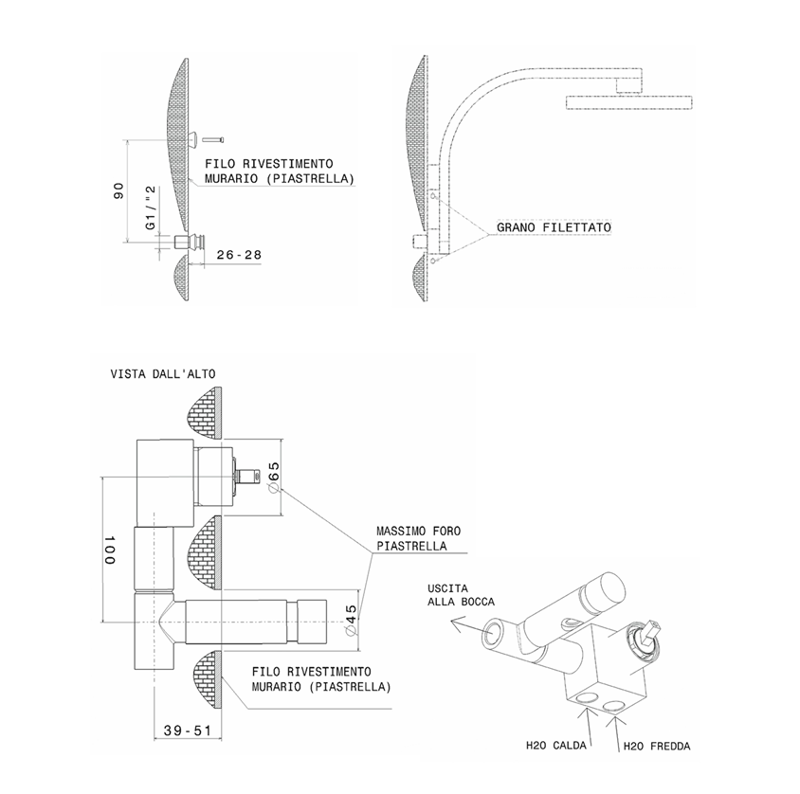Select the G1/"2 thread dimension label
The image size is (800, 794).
pos(151,209)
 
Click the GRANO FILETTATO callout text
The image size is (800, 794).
pos(554,228)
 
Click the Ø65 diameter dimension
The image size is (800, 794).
pos(271,474)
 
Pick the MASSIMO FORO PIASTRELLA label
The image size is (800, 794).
pos(418,539)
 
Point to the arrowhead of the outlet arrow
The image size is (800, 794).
pos(455,623)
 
